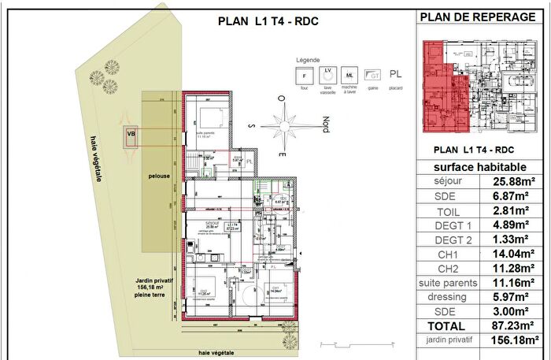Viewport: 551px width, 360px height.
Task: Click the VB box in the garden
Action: click(131, 135)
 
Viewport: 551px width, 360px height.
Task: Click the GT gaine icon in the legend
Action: click(375, 76)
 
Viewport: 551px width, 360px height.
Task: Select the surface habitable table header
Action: click(479, 167)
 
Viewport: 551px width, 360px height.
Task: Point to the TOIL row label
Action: click(447, 211)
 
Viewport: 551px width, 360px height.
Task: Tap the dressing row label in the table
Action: click(447, 297)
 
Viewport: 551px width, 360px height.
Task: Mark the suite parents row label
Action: click(447, 283)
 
